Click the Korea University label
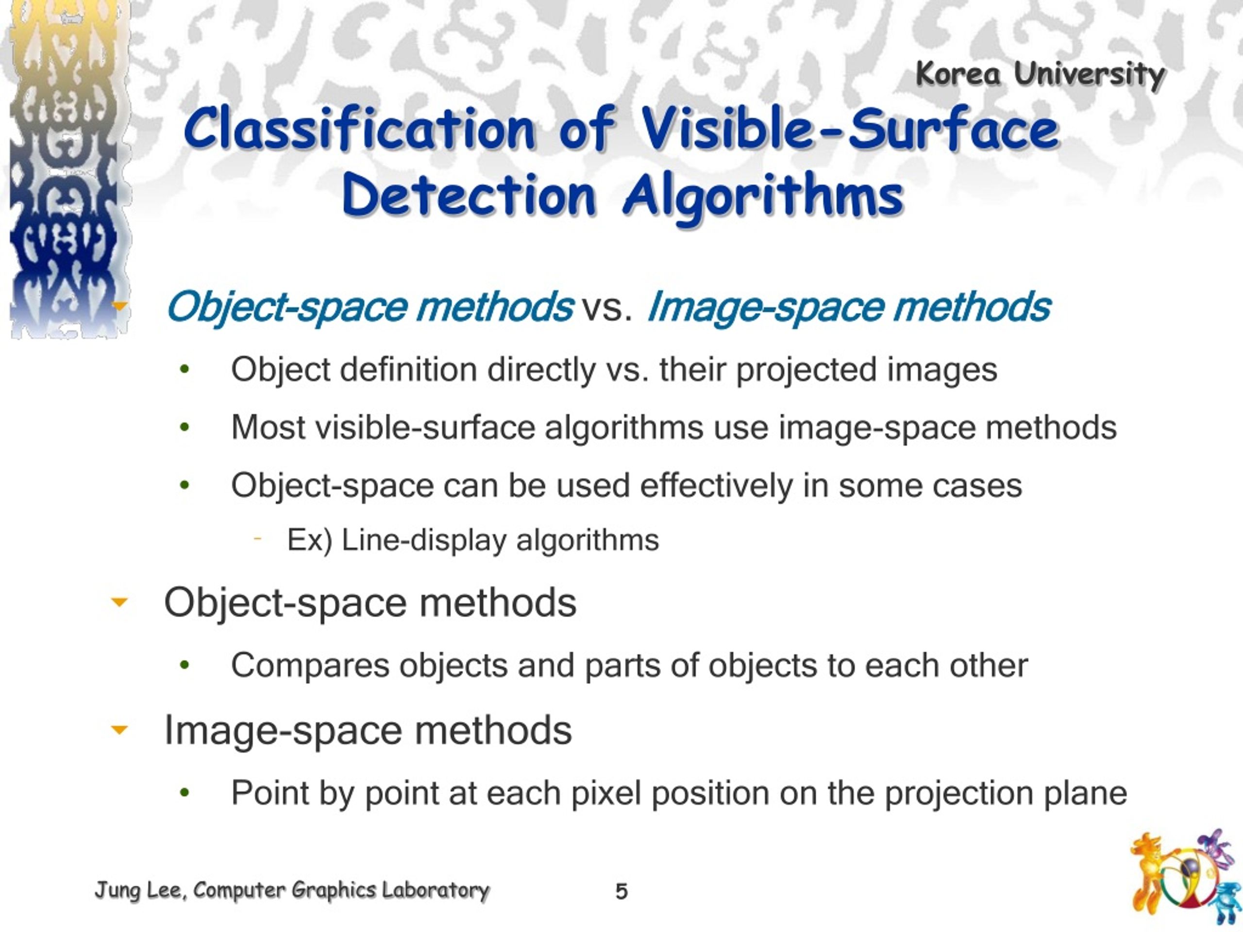point(1040,74)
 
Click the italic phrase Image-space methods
point(849,307)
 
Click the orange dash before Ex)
point(258,539)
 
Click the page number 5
point(621,892)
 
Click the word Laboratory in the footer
point(436,890)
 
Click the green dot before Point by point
point(185,793)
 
